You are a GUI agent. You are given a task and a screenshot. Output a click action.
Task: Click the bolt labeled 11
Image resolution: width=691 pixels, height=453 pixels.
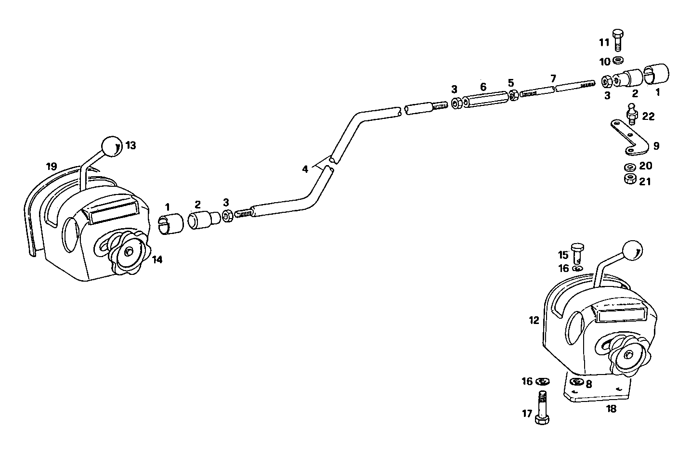tap(618, 40)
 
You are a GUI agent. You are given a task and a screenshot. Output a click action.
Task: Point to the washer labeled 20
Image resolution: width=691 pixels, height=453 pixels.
tap(628, 168)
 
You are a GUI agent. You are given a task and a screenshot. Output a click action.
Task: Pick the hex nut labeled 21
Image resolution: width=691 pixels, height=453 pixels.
tap(628, 180)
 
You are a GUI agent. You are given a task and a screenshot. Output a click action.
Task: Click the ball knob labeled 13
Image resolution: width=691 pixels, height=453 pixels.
tap(111, 146)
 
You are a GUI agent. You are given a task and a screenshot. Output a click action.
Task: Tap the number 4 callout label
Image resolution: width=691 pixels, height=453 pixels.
tap(304, 169)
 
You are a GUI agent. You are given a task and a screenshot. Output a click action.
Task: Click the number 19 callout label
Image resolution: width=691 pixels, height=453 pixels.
tap(51, 167)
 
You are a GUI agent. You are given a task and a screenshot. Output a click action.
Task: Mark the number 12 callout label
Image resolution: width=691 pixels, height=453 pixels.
tap(534, 320)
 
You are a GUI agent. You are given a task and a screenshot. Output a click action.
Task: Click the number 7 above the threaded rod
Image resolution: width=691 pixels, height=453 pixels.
tap(553, 78)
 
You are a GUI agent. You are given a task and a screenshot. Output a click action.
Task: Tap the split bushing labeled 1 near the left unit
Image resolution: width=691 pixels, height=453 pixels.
tap(171, 224)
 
